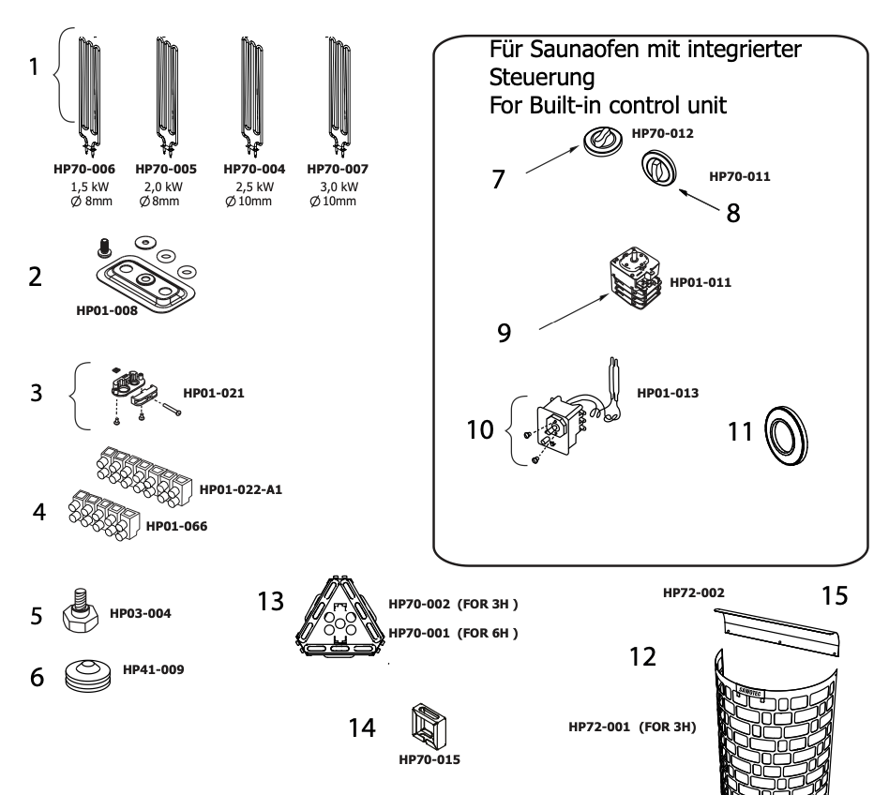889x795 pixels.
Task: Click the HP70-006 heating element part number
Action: pyautogui.click(x=84, y=170)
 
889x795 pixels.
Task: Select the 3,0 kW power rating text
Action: pyautogui.click(x=339, y=187)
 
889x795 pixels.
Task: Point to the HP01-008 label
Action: pyautogui.click(x=107, y=310)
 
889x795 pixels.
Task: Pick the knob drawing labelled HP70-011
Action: pyautogui.click(x=659, y=171)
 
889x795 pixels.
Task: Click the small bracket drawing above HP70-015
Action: pyautogui.click(x=429, y=727)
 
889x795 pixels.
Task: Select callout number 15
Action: pyautogui.click(x=834, y=596)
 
